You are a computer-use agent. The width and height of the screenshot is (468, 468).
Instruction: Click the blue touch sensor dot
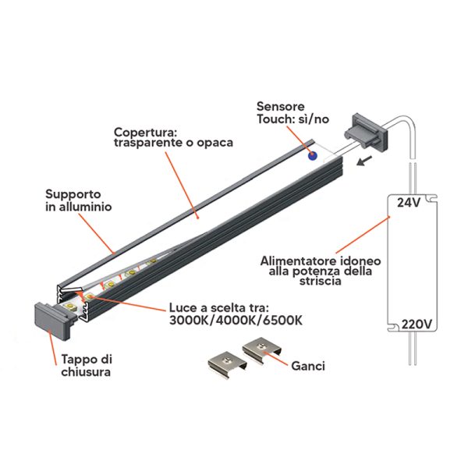pyautogui.click(x=313, y=156)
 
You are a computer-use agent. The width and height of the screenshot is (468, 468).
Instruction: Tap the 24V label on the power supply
pyautogui.click(x=409, y=203)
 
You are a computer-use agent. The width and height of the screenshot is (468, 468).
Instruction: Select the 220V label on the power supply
pyautogui.click(x=417, y=324)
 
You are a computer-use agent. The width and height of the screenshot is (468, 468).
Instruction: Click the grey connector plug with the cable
pyautogui.click(x=367, y=133)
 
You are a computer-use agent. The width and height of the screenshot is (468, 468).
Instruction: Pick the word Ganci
pyautogui.click(x=308, y=367)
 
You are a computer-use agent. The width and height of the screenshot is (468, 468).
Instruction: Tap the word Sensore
pyautogui.click(x=281, y=107)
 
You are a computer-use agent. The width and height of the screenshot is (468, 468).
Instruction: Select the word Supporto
pyautogui.click(x=73, y=194)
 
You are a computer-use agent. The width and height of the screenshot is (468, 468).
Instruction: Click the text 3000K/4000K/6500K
pyautogui.click(x=236, y=321)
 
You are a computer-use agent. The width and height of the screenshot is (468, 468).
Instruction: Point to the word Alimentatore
pyautogui.click(x=299, y=261)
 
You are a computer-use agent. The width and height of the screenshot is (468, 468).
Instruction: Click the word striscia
pyautogui.click(x=321, y=281)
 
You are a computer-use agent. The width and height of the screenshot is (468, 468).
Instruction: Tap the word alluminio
pyautogui.click(x=85, y=207)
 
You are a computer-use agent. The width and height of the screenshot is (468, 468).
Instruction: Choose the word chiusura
pyautogui.click(x=86, y=372)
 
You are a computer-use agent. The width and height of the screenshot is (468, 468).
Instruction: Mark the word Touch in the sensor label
pyautogui.click(x=273, y=119)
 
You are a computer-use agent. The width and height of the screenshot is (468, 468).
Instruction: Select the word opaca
pyautogui.click(x=214, y=144)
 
